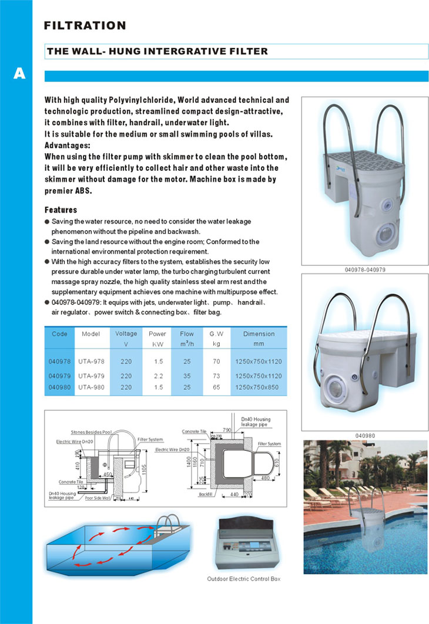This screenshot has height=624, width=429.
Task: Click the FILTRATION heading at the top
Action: pyautogui.click(x=85, y=25)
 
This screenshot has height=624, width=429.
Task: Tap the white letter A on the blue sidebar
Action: pyautogui.click(x=19, y=75)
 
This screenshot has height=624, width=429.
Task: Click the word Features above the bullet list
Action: pyautogui.click(x=61, y=210)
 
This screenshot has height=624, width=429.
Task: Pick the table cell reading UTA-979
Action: pyautogui.click(x=91, y=375)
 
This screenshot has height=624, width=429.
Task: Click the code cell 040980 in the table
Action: pyautogui.click(x=59, y=388)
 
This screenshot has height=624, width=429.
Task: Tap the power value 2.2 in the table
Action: pyautogui.click(x=157, y=375)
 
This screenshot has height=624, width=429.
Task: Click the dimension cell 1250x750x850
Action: pyautogui.click(x=259, y=388)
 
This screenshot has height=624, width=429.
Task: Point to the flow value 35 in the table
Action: pyautogui.click(x=186, y=375)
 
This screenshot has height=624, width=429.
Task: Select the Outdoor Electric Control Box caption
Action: pyautogui.click(x=244, y=579)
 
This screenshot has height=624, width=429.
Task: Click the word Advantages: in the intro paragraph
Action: pyautogui.click(x=68, y=144)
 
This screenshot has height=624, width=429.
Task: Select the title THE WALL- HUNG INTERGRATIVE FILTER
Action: pyautogui.click(x=157, y=52)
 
